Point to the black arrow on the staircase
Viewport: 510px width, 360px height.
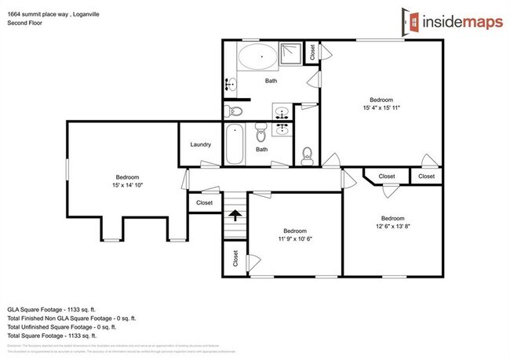coord(233,211)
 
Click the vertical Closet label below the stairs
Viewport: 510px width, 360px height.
coord(235,257)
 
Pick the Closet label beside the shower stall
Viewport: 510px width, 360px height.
coord(312,52)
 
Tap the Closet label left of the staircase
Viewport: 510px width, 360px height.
coord(204,203)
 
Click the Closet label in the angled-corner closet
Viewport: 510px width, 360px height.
coord(386,176)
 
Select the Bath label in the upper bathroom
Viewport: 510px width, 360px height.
coord(271,81)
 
